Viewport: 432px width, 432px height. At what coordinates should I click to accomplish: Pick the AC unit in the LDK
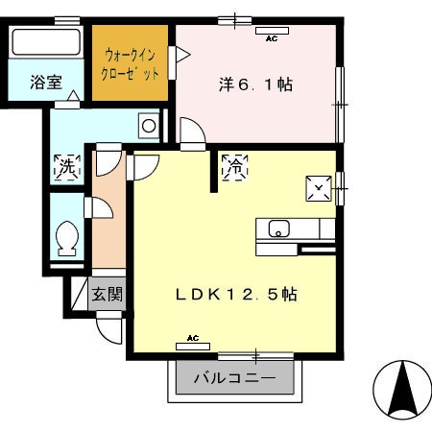(192, 341)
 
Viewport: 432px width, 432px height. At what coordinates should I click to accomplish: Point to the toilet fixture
(68, 237)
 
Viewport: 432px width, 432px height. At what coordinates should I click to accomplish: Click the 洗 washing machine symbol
(66, 165)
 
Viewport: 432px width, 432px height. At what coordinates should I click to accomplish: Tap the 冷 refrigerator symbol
(234, 166)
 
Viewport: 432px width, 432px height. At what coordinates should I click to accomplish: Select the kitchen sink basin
(278, 229)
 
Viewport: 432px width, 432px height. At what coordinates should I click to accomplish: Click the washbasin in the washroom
(149, 124)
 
